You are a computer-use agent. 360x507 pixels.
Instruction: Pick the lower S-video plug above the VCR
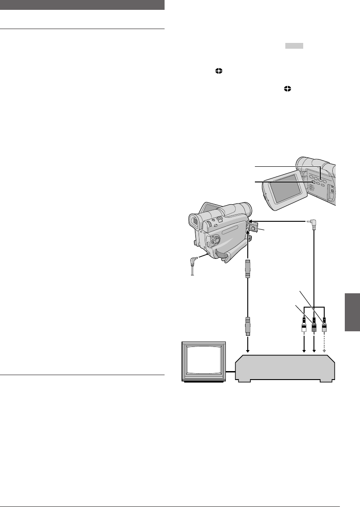(247, 326)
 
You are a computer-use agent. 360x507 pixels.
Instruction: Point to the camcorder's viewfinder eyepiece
(195, 222)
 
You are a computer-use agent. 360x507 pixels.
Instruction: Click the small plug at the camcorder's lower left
(195, 262)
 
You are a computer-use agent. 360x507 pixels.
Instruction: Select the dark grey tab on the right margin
(352, 312)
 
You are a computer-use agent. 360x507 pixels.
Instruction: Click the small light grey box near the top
(293, 46)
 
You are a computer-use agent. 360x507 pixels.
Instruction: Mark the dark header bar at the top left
(82, 5)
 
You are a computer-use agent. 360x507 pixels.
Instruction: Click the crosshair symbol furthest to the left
(219, 71)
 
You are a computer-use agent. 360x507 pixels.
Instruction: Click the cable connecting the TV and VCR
(230, 371)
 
